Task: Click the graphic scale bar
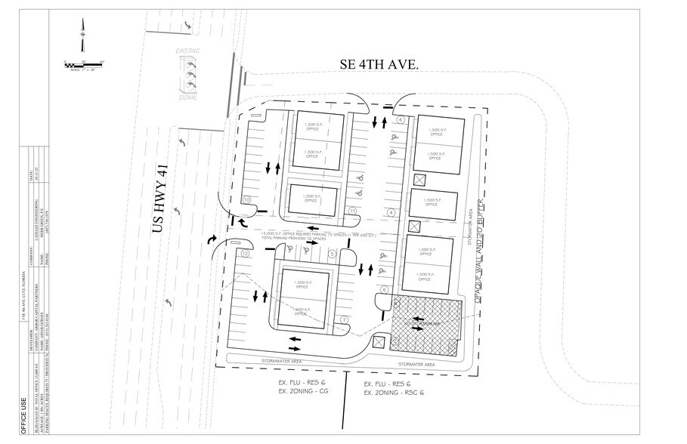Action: [84, 65]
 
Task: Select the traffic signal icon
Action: [189, 77]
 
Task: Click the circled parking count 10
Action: [246, 199]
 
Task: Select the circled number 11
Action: [351, 210]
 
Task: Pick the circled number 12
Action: [245, 254]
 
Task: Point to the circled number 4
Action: [391, 212]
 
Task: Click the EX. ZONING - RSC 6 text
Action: [392, 393]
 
